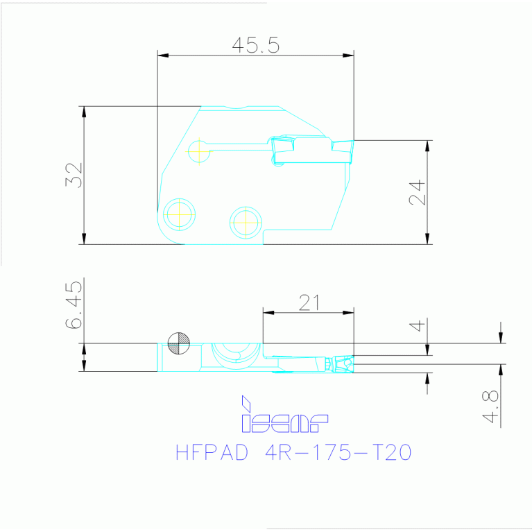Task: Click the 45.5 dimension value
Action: tap(255, 46)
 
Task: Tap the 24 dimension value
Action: tap(417, 192)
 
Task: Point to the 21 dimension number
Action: tap(309, 302)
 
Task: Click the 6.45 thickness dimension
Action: tap(75, 305)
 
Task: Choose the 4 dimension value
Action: tap(417, 325)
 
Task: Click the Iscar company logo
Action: tap(284, 415)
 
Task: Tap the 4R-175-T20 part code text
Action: tap(339, 453)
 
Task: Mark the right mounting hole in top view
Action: tap(245, 222)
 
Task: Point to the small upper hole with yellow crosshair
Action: tap(199, 150)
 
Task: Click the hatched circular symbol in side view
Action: tap(178, 343)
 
